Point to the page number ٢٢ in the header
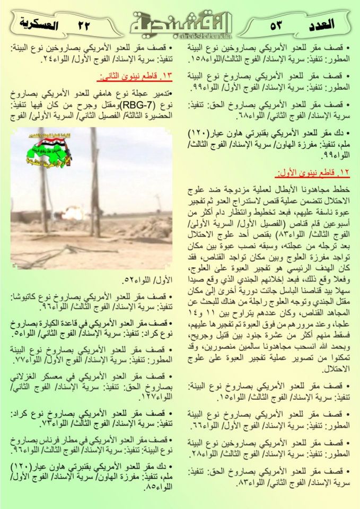point(84,24)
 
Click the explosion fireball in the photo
point(72,214)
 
